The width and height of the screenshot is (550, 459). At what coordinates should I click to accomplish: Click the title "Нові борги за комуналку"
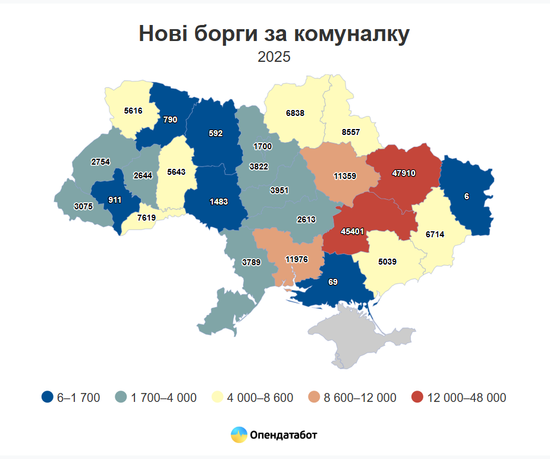[x=274, y=34]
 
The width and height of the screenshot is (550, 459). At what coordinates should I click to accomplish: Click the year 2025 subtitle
[x=274, y=57]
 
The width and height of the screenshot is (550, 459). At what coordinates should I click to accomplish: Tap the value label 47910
[x=404, y=174]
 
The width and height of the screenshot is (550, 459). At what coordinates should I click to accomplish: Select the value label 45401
[x=353, y=231]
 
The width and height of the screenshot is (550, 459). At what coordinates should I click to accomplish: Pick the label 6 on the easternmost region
[x=467, y=196]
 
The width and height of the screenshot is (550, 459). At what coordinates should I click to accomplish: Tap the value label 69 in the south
[x=333, y=281]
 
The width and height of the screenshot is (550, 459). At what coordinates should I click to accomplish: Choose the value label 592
[x=216, y=133]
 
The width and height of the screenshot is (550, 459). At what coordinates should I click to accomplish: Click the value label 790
[x=170, y=120]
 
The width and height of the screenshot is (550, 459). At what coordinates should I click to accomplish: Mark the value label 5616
[x=134, y=111]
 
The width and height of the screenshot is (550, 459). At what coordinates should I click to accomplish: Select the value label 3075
[x=83, y=206]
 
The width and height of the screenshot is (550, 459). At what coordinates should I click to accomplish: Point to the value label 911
[x=115, y=200]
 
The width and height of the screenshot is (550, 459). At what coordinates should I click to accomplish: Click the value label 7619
[x=146, y=218]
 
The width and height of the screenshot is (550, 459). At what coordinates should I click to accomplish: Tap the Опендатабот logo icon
[x=239, y=435]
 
